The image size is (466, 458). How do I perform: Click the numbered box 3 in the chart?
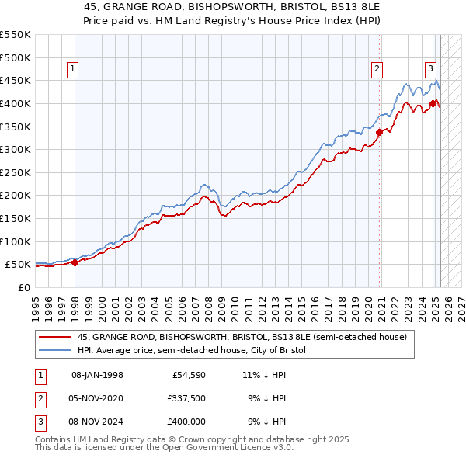429,68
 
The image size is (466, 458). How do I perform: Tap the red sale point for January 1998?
75,262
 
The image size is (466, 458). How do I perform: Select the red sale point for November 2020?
380,132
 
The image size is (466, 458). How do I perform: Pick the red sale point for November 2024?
433,103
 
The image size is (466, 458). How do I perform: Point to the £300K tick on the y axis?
16,149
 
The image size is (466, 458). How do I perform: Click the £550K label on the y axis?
16,35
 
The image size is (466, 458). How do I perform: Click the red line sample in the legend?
54,337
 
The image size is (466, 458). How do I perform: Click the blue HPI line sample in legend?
54,351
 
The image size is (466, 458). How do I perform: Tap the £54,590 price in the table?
186,375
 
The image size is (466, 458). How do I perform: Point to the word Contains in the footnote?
54,439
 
